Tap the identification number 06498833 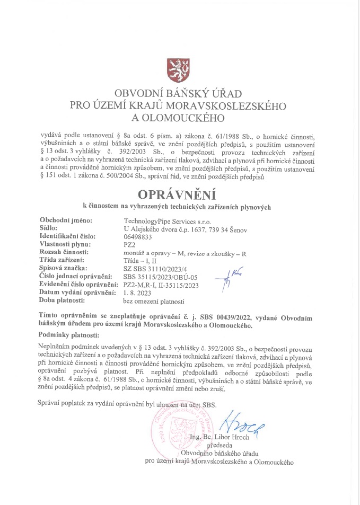pos(138,237)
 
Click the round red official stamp pos(181,428)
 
